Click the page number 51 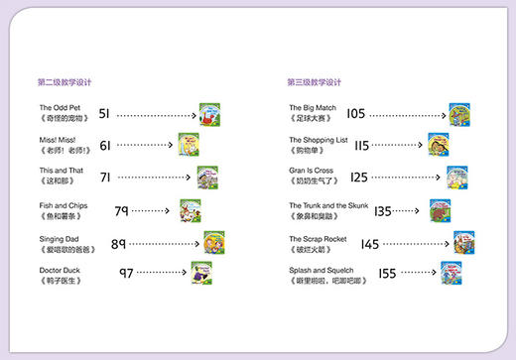(x=105, y=114)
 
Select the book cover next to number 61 (x=189, y=145)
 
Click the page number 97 (x=127, y=273)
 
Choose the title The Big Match (x=311, y=107)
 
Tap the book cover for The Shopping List (x=439, y=145)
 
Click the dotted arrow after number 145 (x=417, y=243)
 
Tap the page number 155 (x=387, y=273)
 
